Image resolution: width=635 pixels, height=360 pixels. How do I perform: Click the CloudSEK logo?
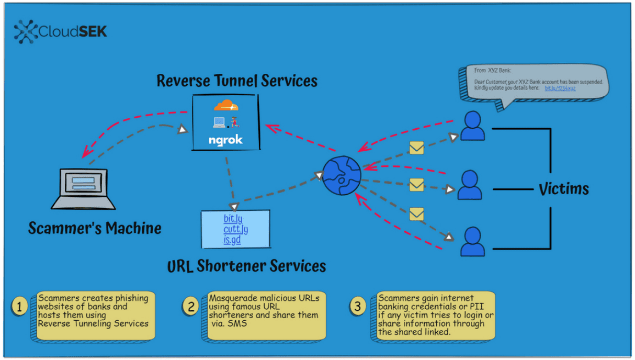point(61,32)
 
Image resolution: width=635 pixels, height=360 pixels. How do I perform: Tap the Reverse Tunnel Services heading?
point(237,81)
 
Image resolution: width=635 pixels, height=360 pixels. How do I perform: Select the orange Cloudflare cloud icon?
point(226,106)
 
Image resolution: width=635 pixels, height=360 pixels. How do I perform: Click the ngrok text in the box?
point(225,140)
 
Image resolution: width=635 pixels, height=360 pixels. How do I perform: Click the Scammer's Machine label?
point(95,229)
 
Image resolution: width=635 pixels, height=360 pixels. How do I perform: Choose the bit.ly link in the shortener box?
point(233,219)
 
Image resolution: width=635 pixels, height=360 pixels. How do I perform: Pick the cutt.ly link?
point(235,229)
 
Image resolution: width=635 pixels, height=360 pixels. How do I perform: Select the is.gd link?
point(232,240)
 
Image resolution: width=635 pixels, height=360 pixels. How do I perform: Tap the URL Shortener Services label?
point(246,266)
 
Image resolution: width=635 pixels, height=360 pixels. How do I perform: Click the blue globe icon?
point(342,176)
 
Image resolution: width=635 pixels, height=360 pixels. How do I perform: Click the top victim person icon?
point(472,126)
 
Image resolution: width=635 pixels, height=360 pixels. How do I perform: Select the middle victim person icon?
point(470,185)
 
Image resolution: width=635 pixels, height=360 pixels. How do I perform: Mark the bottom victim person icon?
point(472,241)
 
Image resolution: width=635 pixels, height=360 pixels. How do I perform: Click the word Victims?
point(563,188)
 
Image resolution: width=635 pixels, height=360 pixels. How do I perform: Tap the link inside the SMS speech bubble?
point(560,88)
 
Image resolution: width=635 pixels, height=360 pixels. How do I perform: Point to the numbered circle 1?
point(19,306)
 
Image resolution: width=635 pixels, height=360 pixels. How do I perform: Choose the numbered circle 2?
point(190,306)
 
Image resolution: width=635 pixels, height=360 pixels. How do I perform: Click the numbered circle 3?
point(358,306)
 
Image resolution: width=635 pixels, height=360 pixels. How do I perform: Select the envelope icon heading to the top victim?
point(416,149)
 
